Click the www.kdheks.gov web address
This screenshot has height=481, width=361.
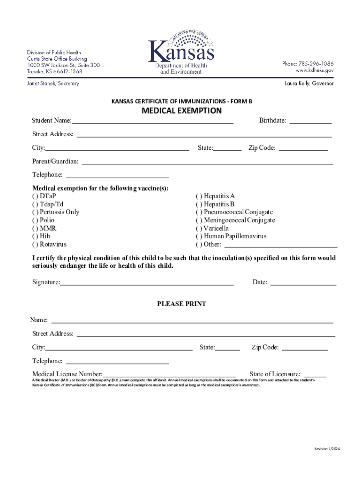pos(314,70)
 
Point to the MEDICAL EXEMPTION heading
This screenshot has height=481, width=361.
pos(181,111)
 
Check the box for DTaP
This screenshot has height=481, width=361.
pos(35,196)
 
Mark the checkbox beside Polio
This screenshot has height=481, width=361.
pos(35,220)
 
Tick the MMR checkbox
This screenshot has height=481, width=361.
pos(35,228)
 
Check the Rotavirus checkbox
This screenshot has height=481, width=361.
pos(35,244)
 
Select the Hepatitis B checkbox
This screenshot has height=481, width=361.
pos(199,204)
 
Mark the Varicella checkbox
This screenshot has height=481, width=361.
pos(199,228)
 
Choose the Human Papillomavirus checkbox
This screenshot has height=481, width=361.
pos(199,236)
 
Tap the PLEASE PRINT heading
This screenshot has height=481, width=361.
pos(181,304)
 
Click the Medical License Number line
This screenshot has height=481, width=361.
pos(169,374)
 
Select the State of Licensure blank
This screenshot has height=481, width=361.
pos(315,374)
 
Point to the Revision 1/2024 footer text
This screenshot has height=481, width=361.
pos(327,449)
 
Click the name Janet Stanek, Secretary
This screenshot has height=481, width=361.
pos(53,84)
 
